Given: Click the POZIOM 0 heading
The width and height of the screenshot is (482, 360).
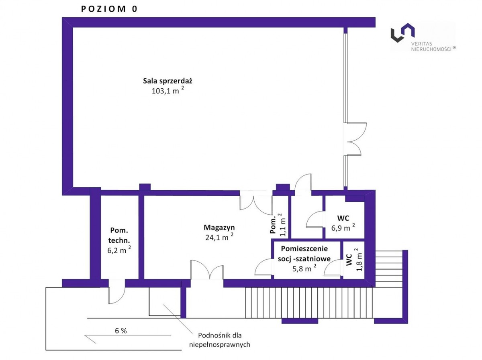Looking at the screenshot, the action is pos(109,9).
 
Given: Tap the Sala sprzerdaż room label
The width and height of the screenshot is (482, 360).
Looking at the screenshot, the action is pos(167,81).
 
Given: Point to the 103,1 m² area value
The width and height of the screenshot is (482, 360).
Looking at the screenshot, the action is pos(168,90).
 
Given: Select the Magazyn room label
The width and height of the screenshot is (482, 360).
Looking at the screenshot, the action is pos(219,228).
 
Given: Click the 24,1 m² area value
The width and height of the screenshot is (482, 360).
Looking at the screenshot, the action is pos(219,237).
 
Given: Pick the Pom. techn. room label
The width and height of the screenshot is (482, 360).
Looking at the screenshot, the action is pos(119,236).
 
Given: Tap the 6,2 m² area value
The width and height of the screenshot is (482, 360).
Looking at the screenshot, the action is pos(119,250).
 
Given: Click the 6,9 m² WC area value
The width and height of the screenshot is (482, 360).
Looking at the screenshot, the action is pos(343,228).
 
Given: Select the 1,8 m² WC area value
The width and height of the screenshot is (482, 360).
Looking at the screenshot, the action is pos(359,260).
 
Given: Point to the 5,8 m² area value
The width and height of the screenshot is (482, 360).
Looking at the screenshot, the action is pos(304,268).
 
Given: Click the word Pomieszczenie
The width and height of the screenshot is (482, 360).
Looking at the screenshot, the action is pos(304,248).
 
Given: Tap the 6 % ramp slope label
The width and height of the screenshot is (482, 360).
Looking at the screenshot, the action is pos(121,331).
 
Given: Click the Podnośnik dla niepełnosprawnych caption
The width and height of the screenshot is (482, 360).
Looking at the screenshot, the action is pos(219,340).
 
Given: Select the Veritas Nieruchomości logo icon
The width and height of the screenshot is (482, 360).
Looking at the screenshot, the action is pos(402,33).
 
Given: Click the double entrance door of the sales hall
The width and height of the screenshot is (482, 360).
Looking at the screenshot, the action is pos(354,139).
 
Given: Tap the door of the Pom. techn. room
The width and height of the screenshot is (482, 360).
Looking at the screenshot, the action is pos(117,291).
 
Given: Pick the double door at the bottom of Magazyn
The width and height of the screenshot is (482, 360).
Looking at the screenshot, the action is pos(207,270).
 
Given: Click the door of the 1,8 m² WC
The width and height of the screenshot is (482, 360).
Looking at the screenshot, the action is pos(333,268).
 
